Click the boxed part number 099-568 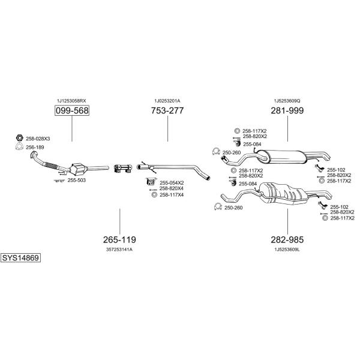[x=72, y=110]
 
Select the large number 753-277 [x=167, y=110]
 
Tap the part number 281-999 [x=287, y=110]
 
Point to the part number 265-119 [x=119, y=239]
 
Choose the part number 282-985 [x=287, y=239]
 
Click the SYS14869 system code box [x=20, y=258]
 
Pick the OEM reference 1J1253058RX [x=71, y=101]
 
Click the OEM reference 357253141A [x=119, y=250]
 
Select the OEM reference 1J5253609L [x=287, y=250]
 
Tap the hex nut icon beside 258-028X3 [x=20, y=138]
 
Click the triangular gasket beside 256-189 [x=20, y=146]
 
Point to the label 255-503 [x=76, y=181]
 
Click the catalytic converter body [x=78, y=169]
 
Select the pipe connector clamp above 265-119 [x=123, y=168]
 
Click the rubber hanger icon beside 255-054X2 [x=151, y=182]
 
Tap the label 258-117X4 [x=172, y=195]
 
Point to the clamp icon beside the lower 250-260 [x=218, y=206]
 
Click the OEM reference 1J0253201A [x=167, y=101]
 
